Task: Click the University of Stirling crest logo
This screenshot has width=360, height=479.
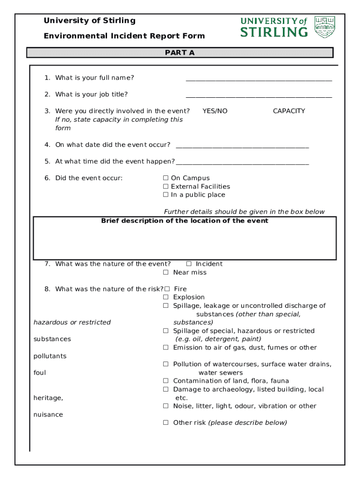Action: (x=324, y=27)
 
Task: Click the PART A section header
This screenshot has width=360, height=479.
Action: (x=180, y=53)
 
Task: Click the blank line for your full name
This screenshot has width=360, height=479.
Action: (x=259, y=80)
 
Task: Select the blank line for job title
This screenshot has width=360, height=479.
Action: (x=259, y=96)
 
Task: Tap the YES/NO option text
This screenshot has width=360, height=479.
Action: (x=215, y=111)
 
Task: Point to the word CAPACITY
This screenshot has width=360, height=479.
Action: (x=288, y=111)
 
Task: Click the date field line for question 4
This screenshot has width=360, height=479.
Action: (x=242, y=146)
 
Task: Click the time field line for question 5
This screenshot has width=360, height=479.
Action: (x=242, y=163)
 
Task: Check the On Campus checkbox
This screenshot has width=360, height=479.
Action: (x=166, y=178)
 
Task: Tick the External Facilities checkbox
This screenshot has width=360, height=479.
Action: (x=166, y=187)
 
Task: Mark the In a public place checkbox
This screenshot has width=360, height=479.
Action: (x=166, y=195)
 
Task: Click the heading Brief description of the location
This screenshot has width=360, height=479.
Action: (x=185, y=221)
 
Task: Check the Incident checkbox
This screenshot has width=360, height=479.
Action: (x=189, y=264)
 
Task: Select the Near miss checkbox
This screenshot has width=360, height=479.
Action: (x=166, y=273)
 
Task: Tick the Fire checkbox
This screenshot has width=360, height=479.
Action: (x=167, y=289)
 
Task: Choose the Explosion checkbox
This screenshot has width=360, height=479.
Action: (x=166, y=298)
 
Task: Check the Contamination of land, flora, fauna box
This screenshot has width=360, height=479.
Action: (x=166, y=381)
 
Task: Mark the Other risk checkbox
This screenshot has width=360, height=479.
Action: (x=166, y=423)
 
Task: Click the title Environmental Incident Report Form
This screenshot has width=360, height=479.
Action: (x=124, y=36)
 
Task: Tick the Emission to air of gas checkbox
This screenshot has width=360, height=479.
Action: (x=166, y=348)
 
